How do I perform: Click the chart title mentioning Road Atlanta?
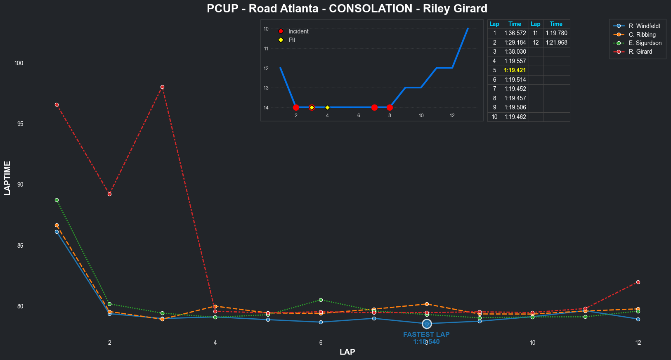(347, 9)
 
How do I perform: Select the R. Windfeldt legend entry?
(644, 26)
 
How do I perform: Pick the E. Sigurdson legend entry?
(645, 43)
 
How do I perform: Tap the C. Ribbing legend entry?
(642, 35)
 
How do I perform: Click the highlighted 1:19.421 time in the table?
(515, 70)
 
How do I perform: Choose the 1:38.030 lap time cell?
(515, 52)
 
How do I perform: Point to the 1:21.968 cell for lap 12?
(556, 43)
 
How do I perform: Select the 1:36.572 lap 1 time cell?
(515, 33)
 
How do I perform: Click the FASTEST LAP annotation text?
(426, 334)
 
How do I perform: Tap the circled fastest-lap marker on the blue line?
(427, 324)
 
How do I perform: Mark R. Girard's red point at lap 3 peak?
(162, 87)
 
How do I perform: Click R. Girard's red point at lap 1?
(57, 105)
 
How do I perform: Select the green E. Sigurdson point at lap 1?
(57, 200)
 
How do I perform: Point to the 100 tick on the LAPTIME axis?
(19, 63)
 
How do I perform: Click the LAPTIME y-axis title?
(7, 178)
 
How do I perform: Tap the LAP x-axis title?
(347, 352)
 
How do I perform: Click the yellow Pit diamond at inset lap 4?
(327, 107)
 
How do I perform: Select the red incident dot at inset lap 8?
(390, 107)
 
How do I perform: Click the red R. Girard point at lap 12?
(638, 282)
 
